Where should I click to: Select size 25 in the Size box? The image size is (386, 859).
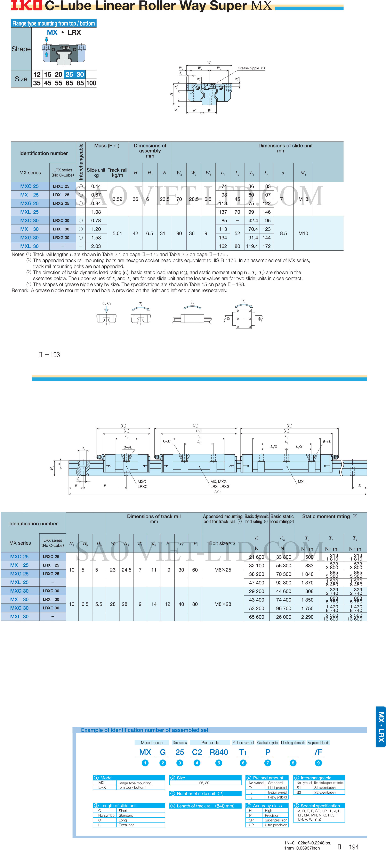pos(69,74)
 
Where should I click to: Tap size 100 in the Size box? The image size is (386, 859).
pos(91,83)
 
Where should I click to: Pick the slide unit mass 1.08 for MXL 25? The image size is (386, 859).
pos(96,212)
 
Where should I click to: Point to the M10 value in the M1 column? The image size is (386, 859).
pos(303,233)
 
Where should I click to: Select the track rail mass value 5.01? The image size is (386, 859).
pos(117,233)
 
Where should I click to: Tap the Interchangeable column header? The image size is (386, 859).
pos(81,162)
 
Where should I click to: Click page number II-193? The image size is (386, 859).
pos(49,355)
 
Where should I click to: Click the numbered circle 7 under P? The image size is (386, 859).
pos(268,763)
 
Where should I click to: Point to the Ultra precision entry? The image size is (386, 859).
pos(276,825)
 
